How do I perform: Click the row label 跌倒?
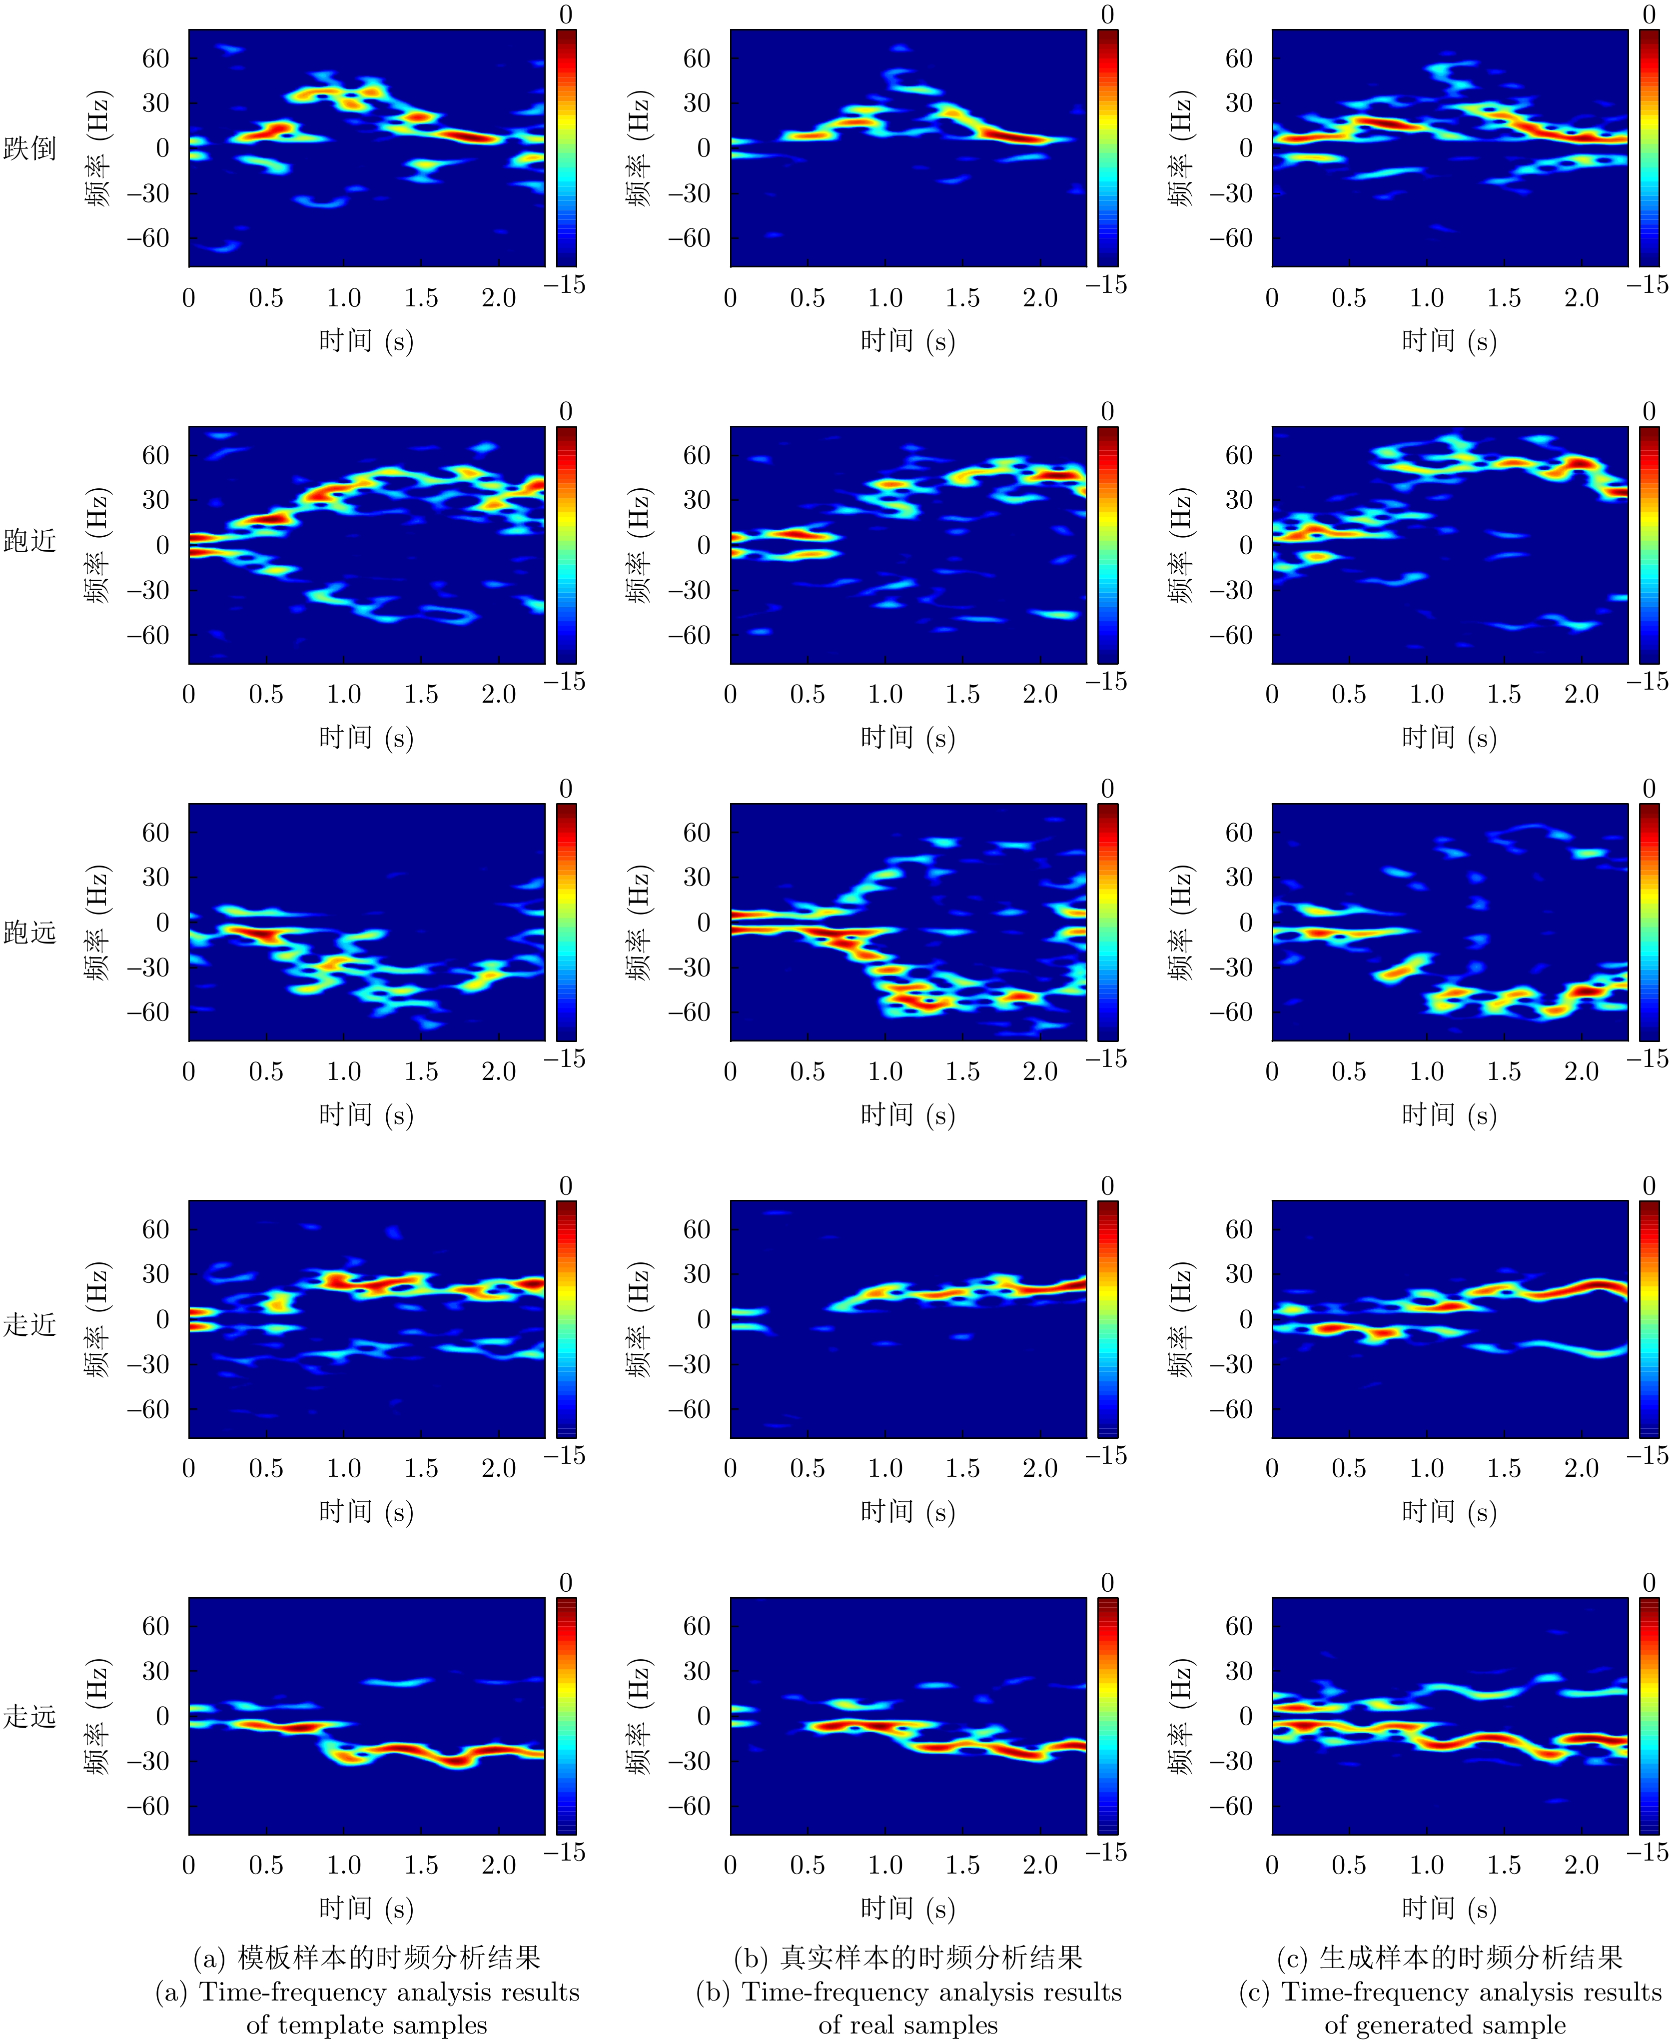pos(30,148)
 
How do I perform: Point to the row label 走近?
pos(30,1324)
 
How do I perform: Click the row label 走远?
pos(30,1716)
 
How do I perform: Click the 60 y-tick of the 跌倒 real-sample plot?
pos(697,59)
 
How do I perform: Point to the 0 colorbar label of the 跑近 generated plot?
pos(1649,412)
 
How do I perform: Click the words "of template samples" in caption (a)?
pos(367,2024)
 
